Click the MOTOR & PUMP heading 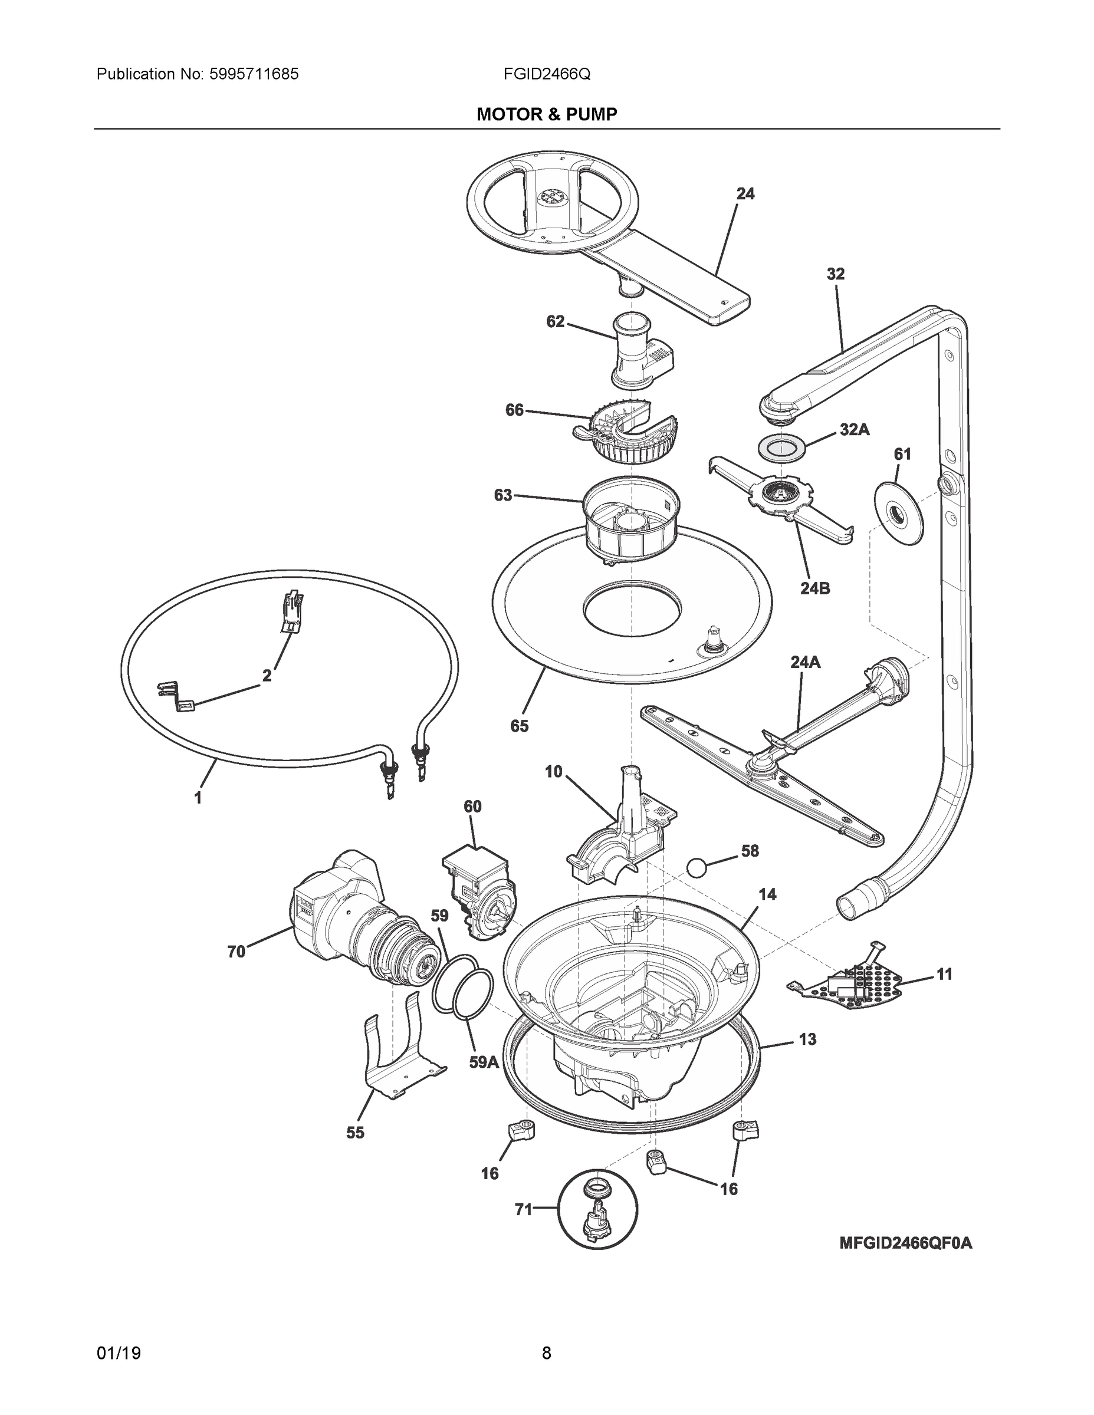click(546, 115)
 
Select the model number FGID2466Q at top click(546, 74)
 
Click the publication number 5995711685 click(254, 74)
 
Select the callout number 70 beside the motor click(236, 952)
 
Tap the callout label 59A click(484, 1062)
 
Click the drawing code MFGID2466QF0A click(905, 1243)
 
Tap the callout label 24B click(814, 588)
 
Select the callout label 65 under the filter click(519, 726)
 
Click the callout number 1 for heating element click(198, 798)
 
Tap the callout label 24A click(805, 662)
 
